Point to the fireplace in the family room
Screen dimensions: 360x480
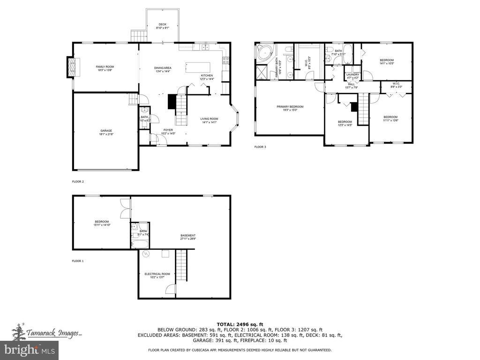tap(72, 67)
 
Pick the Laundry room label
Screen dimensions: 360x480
tap(352, 76)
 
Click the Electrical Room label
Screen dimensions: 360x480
tap(157, 275)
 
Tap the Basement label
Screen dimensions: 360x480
tap(188, 237)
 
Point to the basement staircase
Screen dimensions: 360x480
tap(181, 265)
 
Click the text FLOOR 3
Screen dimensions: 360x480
tap(260, 147)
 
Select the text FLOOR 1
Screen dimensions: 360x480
tap(77, 261)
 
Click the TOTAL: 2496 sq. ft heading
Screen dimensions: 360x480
tap(240, 324)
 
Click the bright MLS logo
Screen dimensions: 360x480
tap(29, 349)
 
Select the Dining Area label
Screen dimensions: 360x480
tap(163, 69)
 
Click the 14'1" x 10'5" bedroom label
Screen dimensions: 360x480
tap(387, 61)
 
